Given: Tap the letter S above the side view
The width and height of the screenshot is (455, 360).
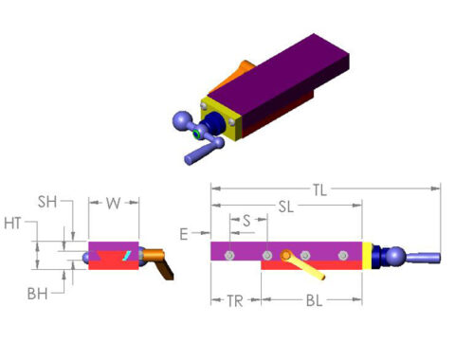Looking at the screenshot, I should [246, 220].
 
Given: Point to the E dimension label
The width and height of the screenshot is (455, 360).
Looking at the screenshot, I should [184, 231].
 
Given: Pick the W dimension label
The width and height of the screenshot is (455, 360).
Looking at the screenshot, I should [113, 202].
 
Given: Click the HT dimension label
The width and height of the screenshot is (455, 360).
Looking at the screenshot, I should [13, 223].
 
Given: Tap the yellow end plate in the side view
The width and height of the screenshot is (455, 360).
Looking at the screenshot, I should [366, 255].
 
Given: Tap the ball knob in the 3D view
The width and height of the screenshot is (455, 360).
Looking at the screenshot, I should [182, 121].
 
